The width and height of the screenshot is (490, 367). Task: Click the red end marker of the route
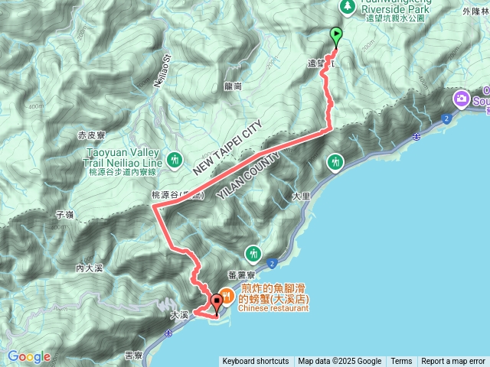216,303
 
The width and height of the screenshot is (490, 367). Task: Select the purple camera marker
462,98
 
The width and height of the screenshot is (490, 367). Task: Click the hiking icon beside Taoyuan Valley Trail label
176,159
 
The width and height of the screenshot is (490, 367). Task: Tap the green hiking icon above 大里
335,161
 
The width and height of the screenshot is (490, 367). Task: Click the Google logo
29,356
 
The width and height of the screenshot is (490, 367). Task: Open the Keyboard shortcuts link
255,362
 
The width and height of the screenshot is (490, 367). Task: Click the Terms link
401,362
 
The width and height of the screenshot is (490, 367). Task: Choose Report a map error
454,362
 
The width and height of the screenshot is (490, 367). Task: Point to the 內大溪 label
90,268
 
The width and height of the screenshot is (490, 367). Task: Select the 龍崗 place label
234,86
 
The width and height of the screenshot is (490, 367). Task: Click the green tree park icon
347,6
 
